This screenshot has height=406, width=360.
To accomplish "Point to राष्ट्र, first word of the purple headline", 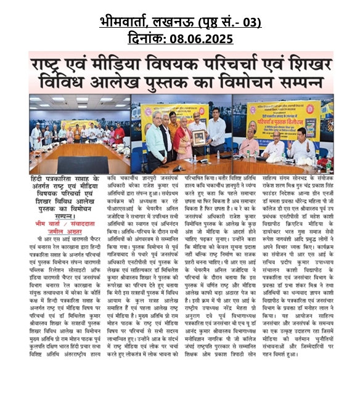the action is coord(55,63).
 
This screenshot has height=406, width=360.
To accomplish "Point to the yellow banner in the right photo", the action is coord(293,117).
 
